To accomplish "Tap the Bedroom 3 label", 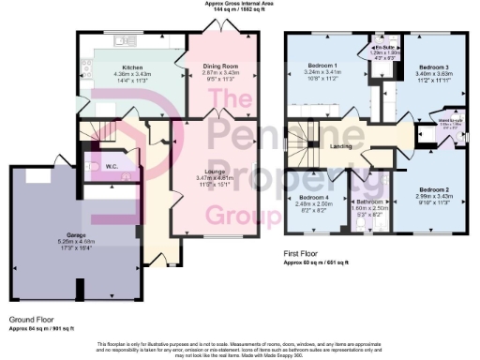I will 437,67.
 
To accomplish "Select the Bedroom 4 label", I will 313,200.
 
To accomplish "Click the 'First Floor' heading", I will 301,253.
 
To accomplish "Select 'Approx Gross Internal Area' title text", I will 240,4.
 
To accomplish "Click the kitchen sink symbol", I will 122,41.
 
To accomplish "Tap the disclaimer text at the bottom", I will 240,349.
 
